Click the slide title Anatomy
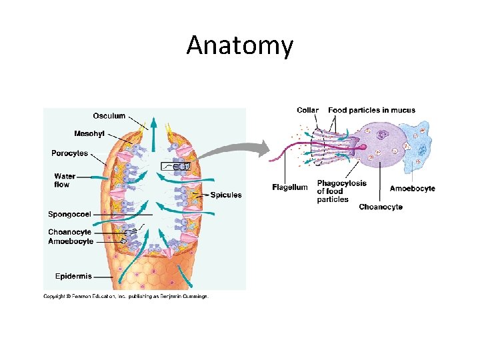(x=239, y=45)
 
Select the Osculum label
(x=109, y=116)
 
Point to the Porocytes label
(x=69, y=153)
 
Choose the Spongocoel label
(x=69, y=214)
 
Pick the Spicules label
(x=226, y=195)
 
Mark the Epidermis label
(x=73, y=276)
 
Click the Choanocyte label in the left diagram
(x=69, y=232)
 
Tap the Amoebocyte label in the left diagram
(x=71, y=241)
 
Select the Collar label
(x=307, y=110)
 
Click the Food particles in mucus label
(x=371, y=110)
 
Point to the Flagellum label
(x=290, y=187)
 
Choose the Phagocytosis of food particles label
(x=341, y=191)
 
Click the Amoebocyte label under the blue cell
(x=412, y=189)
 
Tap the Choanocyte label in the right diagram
(x=381, y=207)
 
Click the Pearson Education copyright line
(x=126, y=296)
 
